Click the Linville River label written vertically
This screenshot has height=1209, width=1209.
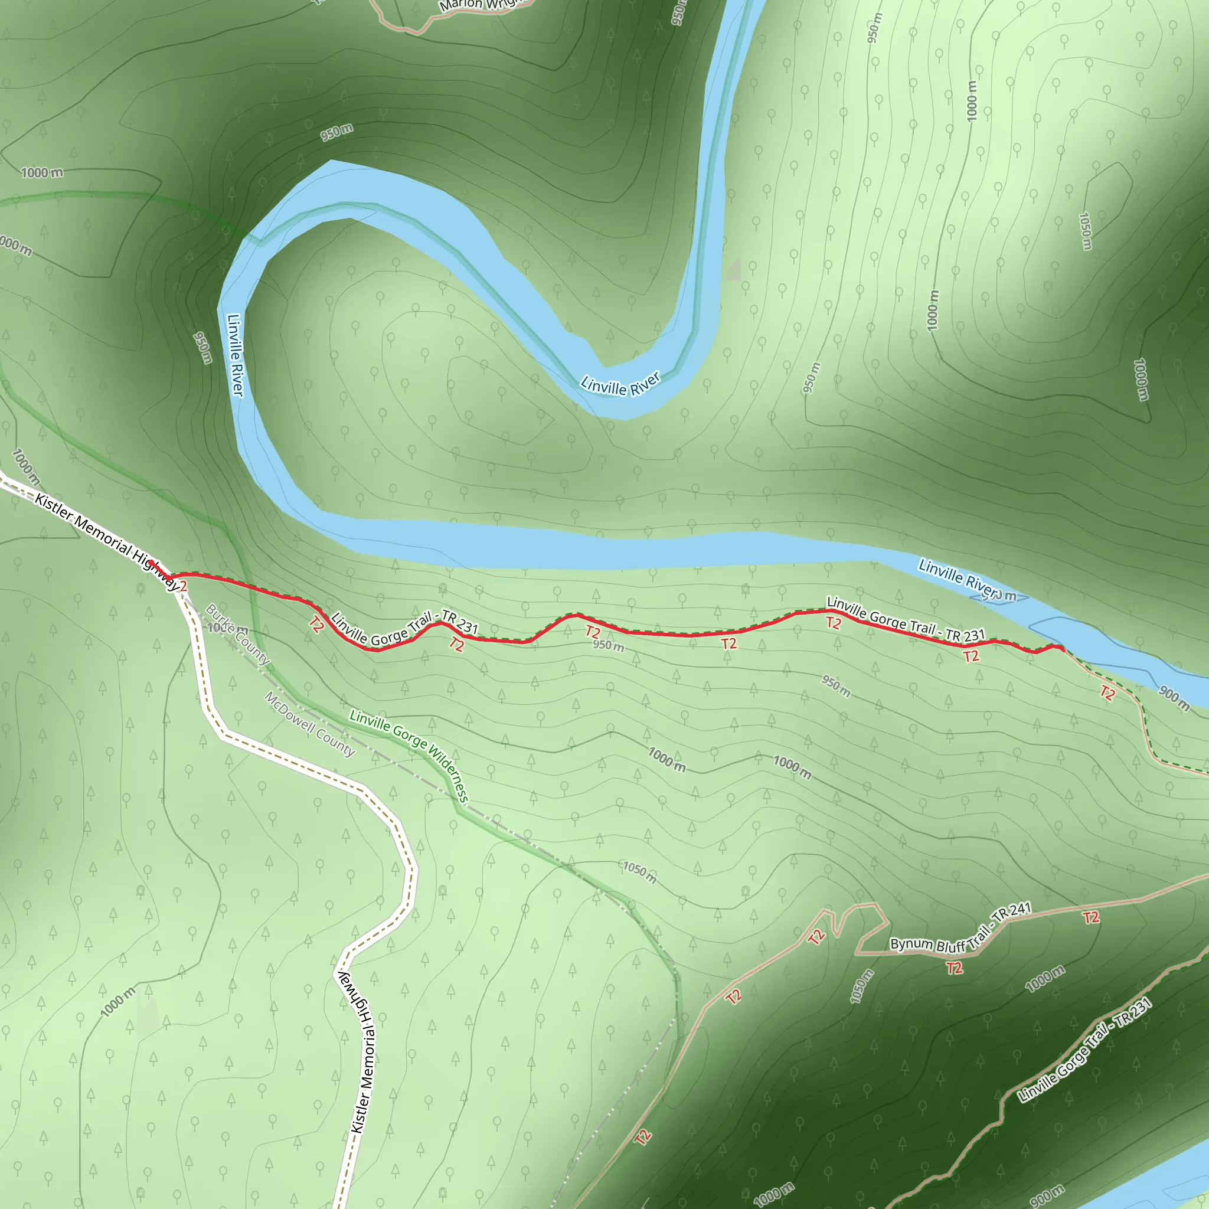(235, 355)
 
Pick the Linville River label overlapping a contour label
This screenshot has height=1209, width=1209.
(960, 579)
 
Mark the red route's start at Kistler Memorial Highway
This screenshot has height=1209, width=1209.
(151, 564)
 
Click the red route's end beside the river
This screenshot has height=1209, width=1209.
(1063, 649)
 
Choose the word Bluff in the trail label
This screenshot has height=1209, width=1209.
(951, 946)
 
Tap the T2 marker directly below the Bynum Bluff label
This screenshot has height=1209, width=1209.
(954, 968)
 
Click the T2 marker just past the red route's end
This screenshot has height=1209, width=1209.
(1107, 692)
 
